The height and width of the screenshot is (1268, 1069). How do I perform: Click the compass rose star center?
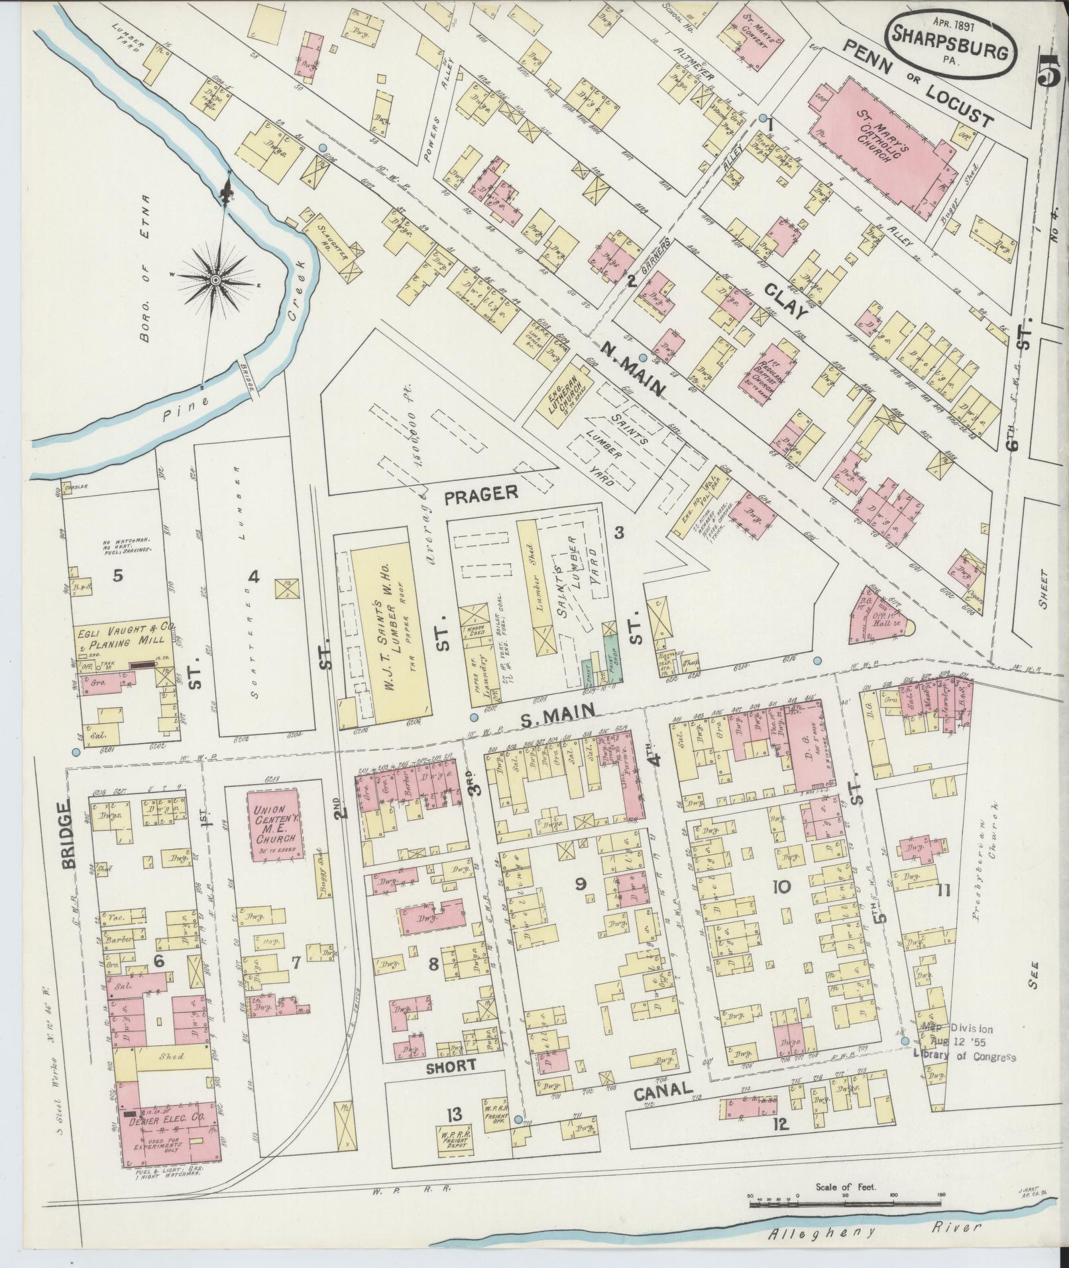coord(215,282)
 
